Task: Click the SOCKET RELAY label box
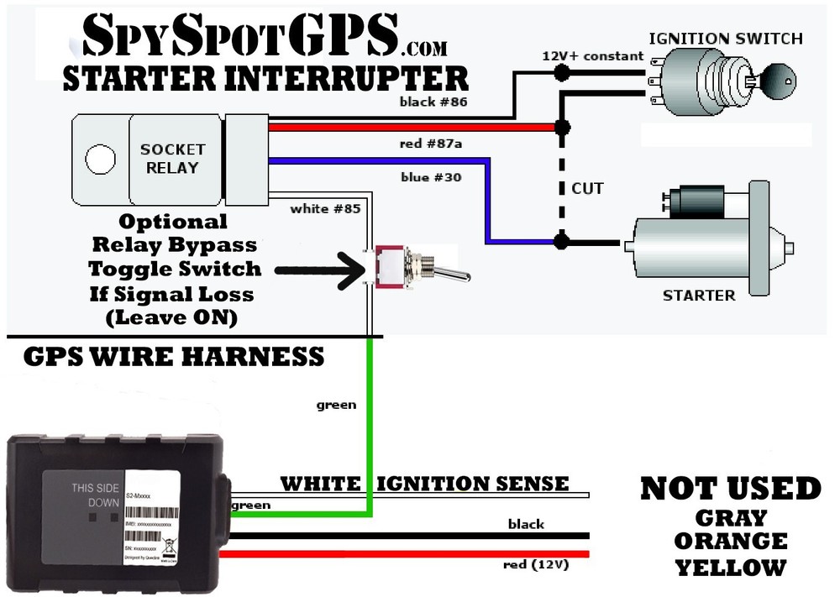click(172, 159)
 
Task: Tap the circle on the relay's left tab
click(100, 160)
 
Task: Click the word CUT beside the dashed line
click(587, 187)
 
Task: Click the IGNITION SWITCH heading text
click(726, 39)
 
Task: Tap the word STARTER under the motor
click(699, 295)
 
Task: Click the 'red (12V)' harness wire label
click(536, 565)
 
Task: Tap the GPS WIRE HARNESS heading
click(173, 356)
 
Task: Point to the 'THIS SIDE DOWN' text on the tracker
click(95, 495)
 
